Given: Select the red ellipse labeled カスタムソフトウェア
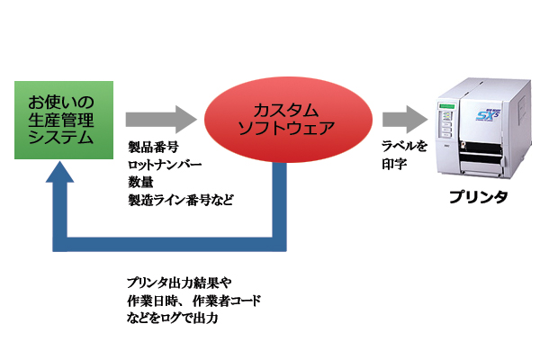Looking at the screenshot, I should [285, 119].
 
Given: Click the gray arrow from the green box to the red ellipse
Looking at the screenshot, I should [160, 118].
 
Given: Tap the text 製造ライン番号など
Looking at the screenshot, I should [180, 199].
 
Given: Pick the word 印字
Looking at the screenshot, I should [394, 166].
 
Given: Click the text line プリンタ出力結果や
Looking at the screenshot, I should [179, 283].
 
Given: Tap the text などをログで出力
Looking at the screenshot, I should [174, 318].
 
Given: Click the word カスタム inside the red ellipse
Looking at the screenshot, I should [285, 110].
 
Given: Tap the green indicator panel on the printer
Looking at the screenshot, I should [445, 119].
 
